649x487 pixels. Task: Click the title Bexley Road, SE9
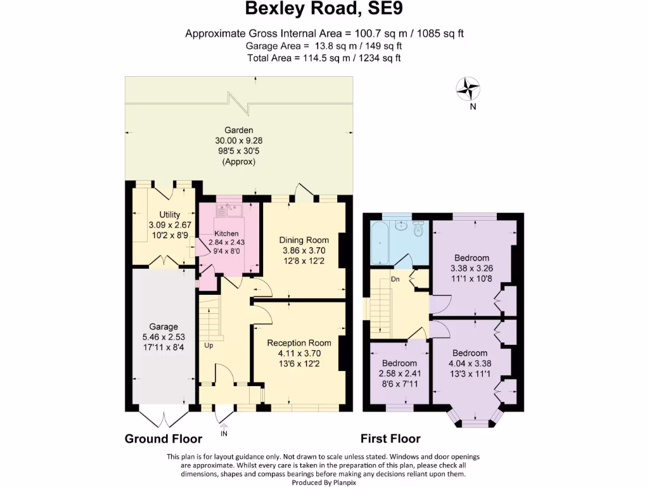click(324, 9)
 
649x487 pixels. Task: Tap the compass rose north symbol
click(469, 89)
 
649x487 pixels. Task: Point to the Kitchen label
click(226, 233)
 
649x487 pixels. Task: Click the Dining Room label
click(304, 240)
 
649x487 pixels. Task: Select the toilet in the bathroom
click(418, 230)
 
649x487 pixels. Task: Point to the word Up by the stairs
click(209, 346)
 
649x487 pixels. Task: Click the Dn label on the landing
click(395, 278)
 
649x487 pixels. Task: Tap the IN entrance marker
click(224, 434)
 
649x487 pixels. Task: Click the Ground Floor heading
click(164, 439)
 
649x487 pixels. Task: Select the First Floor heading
click(390, 439)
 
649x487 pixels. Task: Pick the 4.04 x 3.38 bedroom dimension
click(470, 363)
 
